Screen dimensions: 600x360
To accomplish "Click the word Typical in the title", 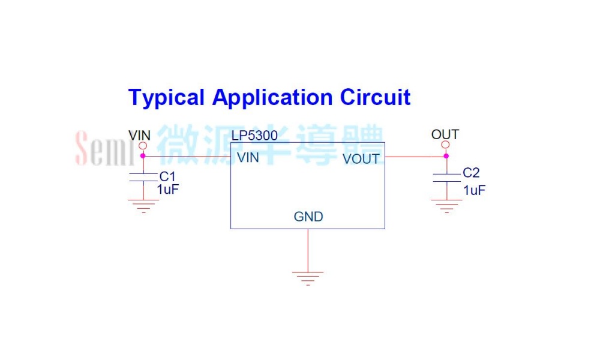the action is click(x=166, y=98).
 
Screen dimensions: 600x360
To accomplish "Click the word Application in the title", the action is click(x=272, y=98).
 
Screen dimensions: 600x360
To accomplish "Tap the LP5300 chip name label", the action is click(x=254, y=136).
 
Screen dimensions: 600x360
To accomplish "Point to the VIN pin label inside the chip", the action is click(x=248, y=158).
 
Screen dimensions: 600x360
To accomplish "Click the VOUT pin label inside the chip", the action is click(x=361, y=159).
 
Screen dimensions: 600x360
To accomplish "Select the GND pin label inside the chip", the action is click(x=308, y=217).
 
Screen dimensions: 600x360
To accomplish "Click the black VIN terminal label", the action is click(x=139, y=136).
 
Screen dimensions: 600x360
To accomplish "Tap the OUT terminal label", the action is click(x=445, y=134).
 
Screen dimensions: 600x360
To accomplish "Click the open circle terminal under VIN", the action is click(x=143, y=146).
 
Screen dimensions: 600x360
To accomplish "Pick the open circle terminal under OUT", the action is click(x=445, y=145).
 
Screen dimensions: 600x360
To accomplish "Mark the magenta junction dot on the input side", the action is click(x=143, y=156).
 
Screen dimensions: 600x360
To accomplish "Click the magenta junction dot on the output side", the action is click(x=446, y=156).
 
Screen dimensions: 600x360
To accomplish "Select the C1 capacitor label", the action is click(x=167, y=177).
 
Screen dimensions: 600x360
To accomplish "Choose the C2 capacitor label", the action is click(x=471, y=173).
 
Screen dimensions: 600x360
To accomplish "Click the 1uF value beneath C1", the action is click(x=168, y=190).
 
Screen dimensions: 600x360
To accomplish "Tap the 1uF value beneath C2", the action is click(x=475, y=190).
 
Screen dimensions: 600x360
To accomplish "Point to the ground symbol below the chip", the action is click(x=308, y=278).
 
